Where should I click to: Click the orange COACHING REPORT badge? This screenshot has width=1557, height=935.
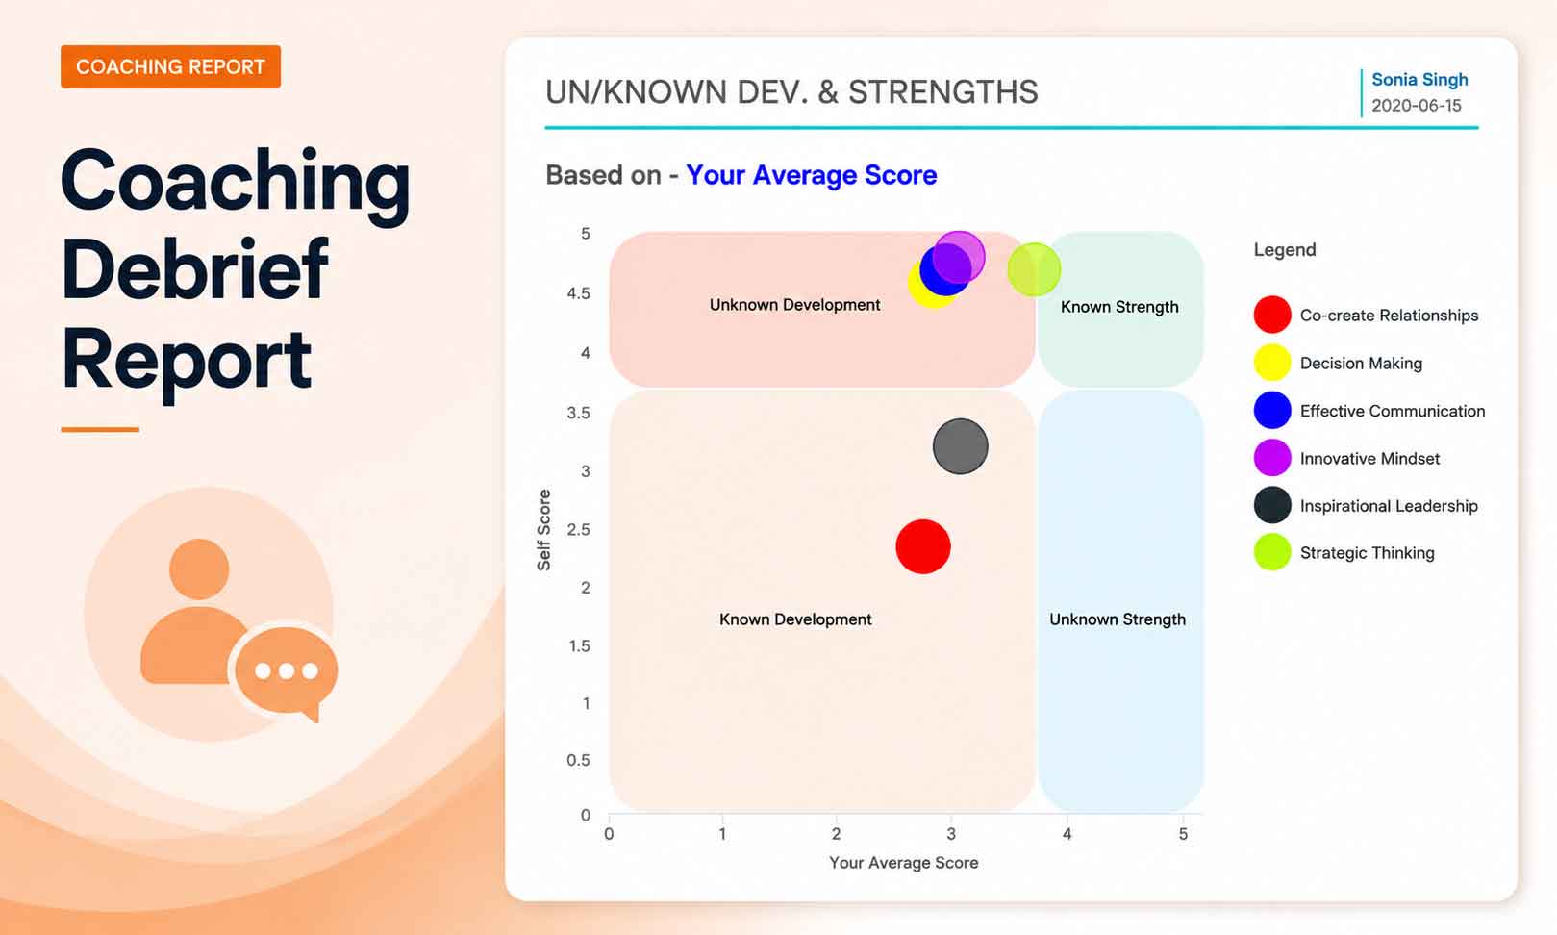coord(170,66)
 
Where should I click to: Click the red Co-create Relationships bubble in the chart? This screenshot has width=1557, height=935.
coord(923,546)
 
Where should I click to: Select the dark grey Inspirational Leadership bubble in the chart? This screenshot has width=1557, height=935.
coord(960,446)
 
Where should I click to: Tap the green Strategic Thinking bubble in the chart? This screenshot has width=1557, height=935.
coord(1034,269)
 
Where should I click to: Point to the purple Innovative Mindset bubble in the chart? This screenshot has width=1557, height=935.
coord(959,257)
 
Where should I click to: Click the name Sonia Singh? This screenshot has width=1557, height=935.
coord(1419,80)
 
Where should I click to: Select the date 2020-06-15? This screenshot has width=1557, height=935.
coord(1416,106)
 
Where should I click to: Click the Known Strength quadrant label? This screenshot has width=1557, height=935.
coord(1119,307)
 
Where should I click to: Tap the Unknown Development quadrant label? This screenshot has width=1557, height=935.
coord(794,305)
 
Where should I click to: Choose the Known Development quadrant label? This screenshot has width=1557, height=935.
coord(795,619)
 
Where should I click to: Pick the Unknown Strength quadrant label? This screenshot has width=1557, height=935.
coord(1117,619)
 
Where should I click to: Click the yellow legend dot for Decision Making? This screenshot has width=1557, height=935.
coord(1272,363)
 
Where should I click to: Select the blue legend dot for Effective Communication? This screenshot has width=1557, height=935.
coord(1272,410)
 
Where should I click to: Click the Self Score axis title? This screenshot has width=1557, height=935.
coord(543,530)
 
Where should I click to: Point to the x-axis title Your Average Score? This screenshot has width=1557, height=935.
coord(904,863)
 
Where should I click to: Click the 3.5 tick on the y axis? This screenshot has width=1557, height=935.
coord(578,413)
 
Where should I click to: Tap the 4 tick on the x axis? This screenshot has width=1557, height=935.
coord(1067,833)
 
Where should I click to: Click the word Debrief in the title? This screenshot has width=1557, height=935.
coord(194,269)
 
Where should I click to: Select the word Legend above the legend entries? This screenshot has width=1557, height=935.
coord(1285,250)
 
